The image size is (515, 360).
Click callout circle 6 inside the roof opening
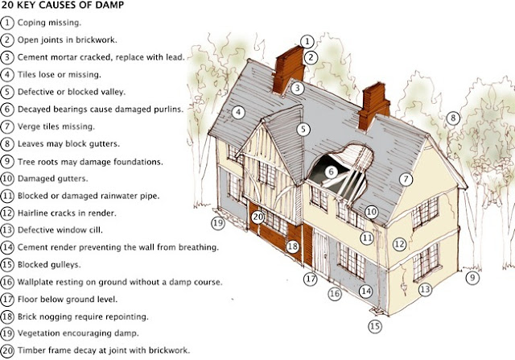(x=331, y=172)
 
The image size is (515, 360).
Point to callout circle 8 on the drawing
(x=453, y=118)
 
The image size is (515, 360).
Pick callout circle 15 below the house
(x=374, y=326)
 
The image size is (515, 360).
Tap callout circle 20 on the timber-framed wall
(x=257, y=217)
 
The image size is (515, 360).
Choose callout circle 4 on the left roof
(x=238, y=113)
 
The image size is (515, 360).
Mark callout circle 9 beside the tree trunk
(x=472, y=277)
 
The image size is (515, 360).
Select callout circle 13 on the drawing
(x=424, y=288)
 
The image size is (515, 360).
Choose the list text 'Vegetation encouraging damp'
(x=75, y=333)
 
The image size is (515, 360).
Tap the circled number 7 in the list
(x=7, y=126)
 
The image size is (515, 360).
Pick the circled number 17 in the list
(x=7, y=299)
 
